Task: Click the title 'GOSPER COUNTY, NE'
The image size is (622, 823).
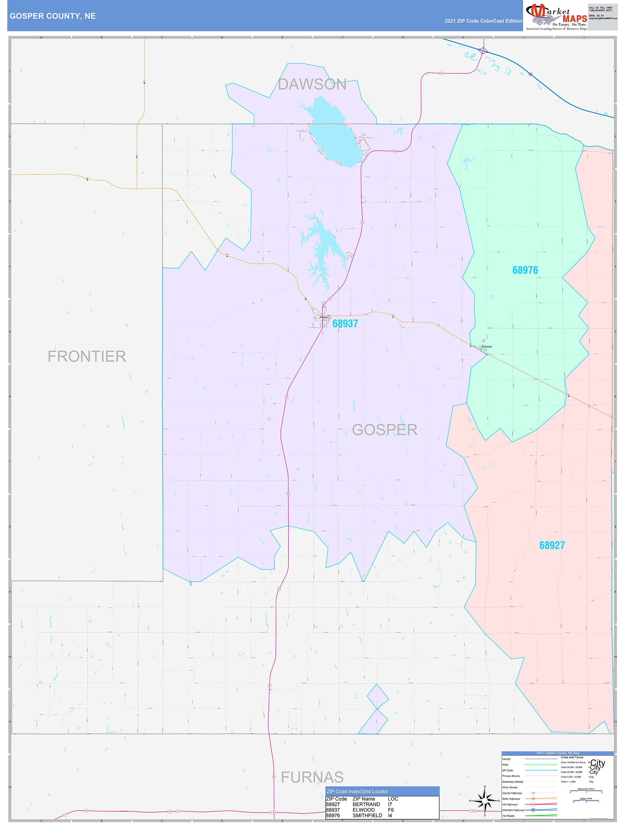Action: (x=53, y=16)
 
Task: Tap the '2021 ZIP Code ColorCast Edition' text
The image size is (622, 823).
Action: (x=483, y=21)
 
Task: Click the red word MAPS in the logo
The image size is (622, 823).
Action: (x=575, y=19)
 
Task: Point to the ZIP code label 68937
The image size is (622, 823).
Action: (x=345, y=323)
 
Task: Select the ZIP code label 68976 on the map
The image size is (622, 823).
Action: (x=525, y=270)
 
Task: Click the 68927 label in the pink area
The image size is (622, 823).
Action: (x=552, y=545)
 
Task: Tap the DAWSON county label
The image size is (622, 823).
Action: (x=312, y=85)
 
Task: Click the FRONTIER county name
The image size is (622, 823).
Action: (x=87, y=356)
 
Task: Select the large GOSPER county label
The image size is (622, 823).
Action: (x=384, y=430)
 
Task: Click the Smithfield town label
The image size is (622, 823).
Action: (x=486, y=347)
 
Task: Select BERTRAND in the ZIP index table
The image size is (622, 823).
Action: (x=366, y=804)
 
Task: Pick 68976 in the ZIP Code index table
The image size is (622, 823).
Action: (x=333, y=815)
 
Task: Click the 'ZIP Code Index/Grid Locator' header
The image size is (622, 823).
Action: (x=357, y=791)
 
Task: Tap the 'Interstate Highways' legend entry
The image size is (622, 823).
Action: (x=513, y=810)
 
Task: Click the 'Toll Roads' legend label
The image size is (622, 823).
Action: (x=508, y=816)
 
